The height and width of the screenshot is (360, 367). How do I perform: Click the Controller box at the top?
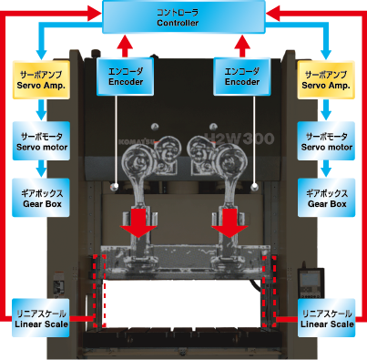click(x=184, y=16)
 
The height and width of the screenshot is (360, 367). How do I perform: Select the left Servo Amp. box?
click(x=41, y=79)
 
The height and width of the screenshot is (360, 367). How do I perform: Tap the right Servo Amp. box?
click(x=326, y=79)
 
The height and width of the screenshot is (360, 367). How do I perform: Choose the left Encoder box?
click(x=126, y=77)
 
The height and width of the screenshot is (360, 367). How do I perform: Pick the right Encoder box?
click(x=242, y=77)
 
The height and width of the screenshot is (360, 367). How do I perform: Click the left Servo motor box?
click(x=41, y=141)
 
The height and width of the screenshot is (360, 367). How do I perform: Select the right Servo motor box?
click(x=326, y=141)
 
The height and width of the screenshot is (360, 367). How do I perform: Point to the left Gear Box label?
click(x=41, y=198)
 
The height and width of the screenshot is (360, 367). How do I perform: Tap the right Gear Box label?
click(x=326, y=198)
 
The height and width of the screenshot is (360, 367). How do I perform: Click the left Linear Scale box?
click(x=41, y=318)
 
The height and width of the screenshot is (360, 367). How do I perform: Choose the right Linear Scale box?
click(x=326, y=318)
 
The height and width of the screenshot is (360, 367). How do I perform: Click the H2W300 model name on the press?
click(x=240, y=139)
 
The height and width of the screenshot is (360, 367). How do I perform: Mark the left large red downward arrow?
click(x=138, y=223)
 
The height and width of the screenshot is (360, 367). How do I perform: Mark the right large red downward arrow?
click(x=229, y=223)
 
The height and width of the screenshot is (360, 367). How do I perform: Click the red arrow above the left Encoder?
click(x=125, y=46)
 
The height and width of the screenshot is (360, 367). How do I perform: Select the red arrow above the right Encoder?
click(x=242, y=46)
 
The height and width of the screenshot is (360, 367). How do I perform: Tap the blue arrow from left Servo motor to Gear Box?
click(x=41, y=169)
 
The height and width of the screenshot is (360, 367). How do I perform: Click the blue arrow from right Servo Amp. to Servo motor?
click(x=326, y=110)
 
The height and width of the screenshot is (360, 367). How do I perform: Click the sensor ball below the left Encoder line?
click(x=115, y=187)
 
